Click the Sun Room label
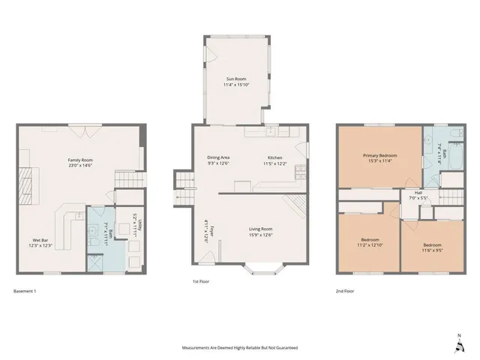click(236, 79)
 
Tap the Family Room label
click(79, 160)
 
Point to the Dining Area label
click(218, 157)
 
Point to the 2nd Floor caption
click(345, 290)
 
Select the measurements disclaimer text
click(240, 348)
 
